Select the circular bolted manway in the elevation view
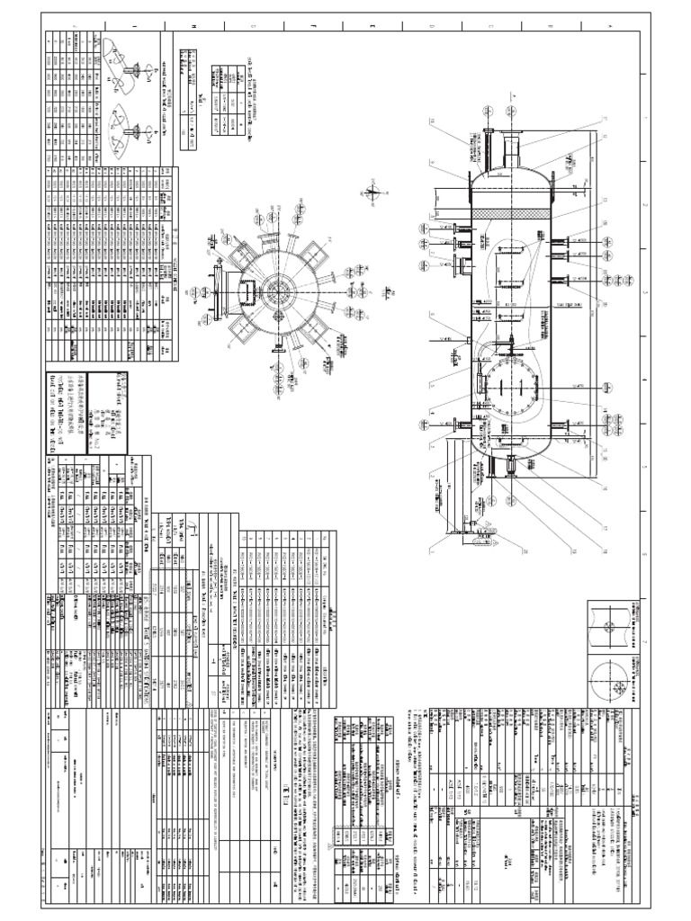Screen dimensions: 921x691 pyautogui.click(x=509, y=389)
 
